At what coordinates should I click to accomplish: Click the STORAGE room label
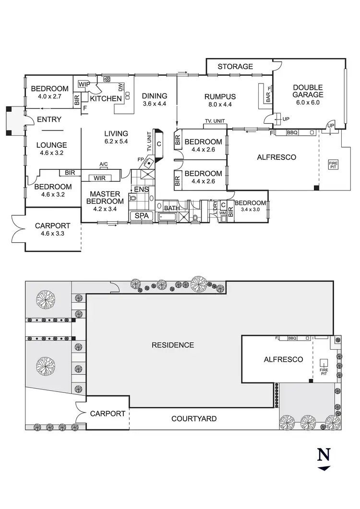point(235,66)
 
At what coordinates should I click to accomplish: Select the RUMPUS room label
point(219,96)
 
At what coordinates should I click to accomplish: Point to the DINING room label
point(154,95)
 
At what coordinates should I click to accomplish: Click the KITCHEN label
point(106,98)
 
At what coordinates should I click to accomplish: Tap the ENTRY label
point(49,119)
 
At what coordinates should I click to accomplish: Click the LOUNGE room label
point(52,145)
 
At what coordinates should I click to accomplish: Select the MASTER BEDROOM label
point(104,198)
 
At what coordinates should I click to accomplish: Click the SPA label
point(142,216)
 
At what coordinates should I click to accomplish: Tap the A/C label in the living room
point(103,165)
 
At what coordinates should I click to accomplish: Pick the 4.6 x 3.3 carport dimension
point(53,234)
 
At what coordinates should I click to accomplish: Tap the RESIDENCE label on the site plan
point(173,345)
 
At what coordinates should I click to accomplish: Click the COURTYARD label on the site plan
point(194,419)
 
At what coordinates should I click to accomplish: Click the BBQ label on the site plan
point(292,338)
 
